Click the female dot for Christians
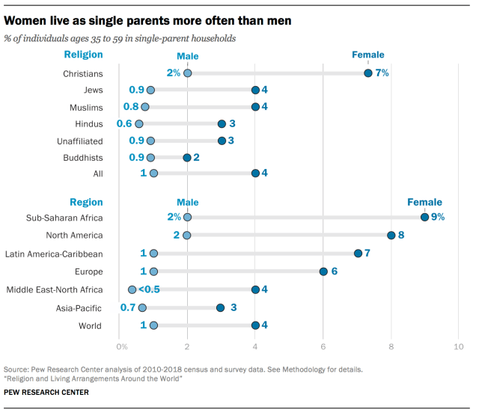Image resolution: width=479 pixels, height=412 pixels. click(x=368, y=73)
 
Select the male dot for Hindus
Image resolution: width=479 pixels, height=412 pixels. click(x=138, y=123)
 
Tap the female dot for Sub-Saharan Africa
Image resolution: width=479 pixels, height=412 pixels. click(x=424, y=217)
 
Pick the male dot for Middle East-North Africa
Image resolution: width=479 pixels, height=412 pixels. click(x=132, y=289)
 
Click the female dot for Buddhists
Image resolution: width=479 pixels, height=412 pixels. click(x=187, y=158)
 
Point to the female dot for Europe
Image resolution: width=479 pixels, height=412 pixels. click(x=323, y=271)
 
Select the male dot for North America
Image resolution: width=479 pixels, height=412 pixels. click(x=187, y=235)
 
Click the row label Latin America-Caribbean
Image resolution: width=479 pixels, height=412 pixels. click(x=54, y=253)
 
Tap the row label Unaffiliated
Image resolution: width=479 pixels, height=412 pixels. click(x=80, y=141)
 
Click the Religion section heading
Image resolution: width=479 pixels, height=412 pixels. click(x=83, y=55)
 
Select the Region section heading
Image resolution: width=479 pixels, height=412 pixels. click(x=86, y=202)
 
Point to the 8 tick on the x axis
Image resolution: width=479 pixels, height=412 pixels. click(x=391, y=346)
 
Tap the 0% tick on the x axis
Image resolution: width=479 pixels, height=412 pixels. click(x=121, y=346)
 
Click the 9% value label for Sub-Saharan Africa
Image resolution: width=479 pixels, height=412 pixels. click(x=438, y=217)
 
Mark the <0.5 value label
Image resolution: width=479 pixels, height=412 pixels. click(x=149, y=289)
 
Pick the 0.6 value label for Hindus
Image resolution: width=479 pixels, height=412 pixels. click(x=124, y=123)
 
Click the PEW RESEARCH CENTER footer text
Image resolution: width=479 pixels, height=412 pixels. click(x=46, y=393)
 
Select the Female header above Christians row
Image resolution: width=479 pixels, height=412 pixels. click(x=368, y=55)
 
